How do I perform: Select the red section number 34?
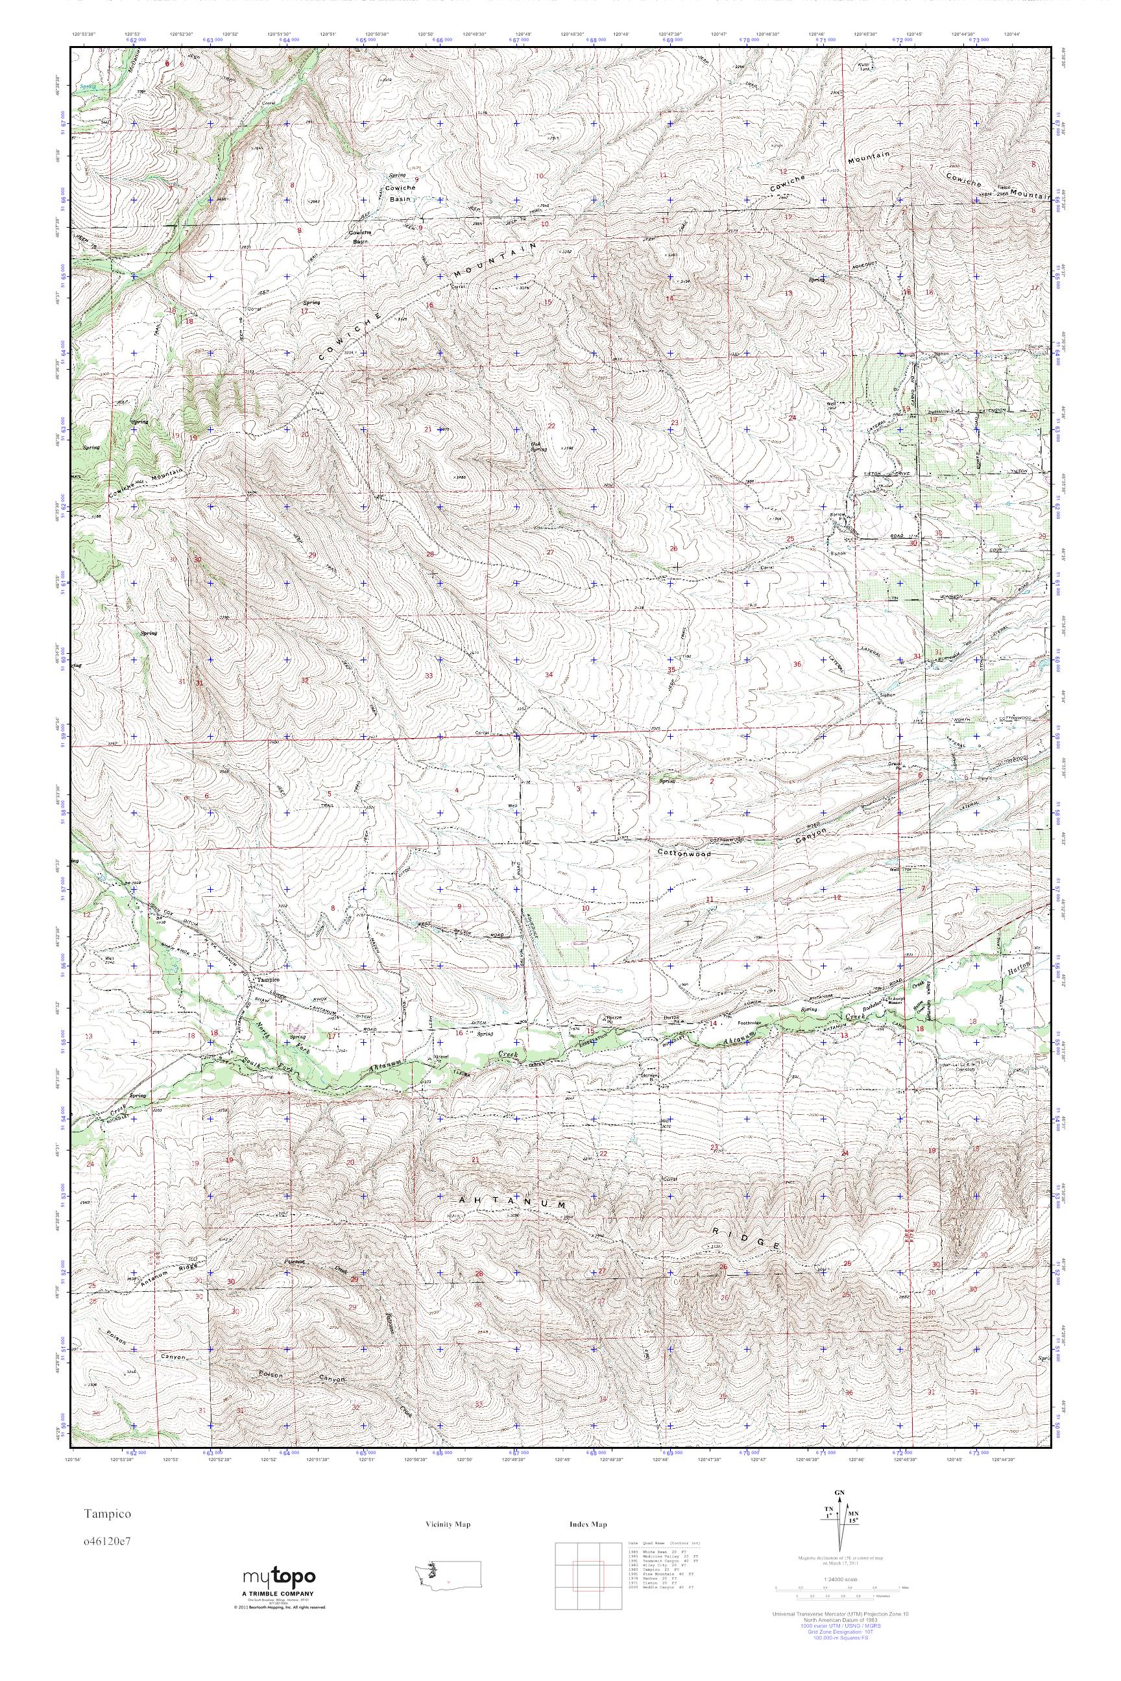[549, 674]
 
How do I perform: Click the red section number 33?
[429, 675]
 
